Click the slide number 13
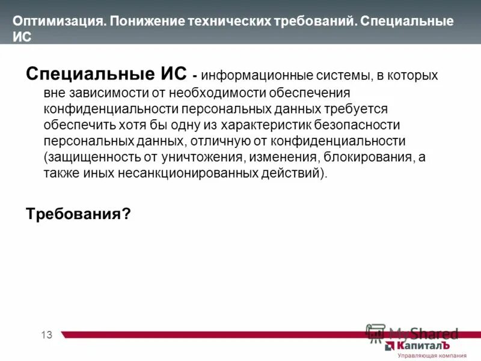tap(47, 335)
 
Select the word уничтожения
tap(198, 157)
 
